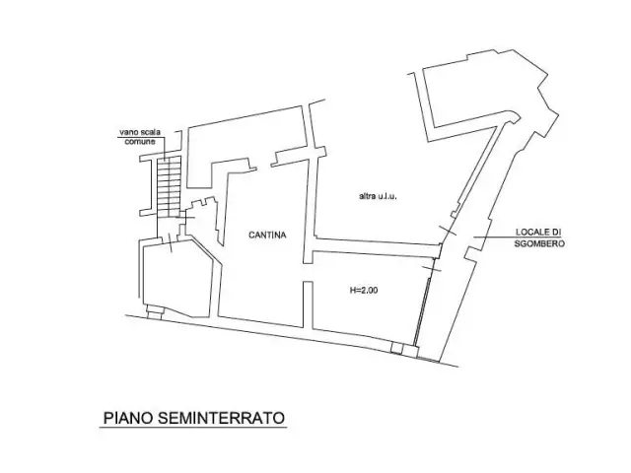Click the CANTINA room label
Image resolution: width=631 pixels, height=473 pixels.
pos(267,235)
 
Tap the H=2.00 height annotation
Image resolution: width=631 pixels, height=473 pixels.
pos(364,290)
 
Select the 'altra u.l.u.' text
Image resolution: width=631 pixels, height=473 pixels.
pos(378,197)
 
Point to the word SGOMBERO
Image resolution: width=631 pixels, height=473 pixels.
pos(539,243)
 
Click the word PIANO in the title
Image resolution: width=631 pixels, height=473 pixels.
pos(128,418)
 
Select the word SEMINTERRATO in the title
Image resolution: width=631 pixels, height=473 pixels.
pos(221,418)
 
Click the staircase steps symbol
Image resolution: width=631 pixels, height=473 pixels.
pos(169,186)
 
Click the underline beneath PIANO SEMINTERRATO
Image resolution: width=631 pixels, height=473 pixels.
pos(193,427)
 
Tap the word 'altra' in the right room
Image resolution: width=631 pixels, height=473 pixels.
pos(367,197)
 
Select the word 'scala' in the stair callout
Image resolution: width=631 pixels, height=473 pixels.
pos(151,132)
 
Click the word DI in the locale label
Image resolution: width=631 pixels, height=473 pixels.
pos(556,233)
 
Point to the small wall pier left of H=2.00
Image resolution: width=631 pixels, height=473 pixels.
pos(308,304)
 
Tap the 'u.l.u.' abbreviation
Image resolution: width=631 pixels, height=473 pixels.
pos(387,197)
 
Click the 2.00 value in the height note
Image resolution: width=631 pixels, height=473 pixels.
pos(369,290)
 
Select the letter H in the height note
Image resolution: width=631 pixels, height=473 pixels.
pos(353,290)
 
